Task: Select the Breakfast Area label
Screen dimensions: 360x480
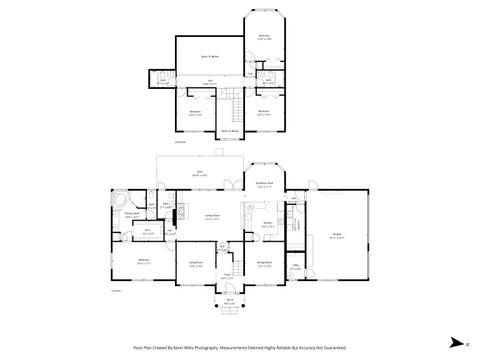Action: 264,184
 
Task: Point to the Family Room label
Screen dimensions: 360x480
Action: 213,217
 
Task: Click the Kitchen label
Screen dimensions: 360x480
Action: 268,225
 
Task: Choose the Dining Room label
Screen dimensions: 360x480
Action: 264,264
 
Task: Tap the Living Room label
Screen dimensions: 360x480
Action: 196,264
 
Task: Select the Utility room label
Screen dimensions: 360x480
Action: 296,266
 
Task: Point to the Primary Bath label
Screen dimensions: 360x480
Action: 131,214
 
